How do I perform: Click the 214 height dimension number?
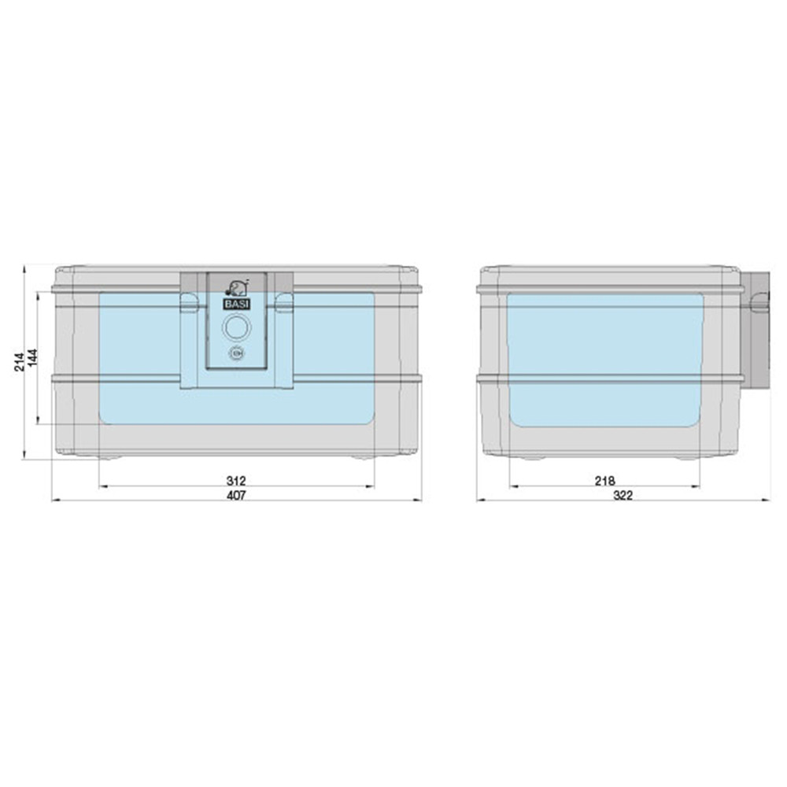(x=19, y=362)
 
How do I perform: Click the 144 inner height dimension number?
(x=32, y=358)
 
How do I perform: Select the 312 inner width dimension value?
(x=236, y=481)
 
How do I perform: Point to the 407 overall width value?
(x=236, y=495)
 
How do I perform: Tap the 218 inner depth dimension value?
(x=604, y=481)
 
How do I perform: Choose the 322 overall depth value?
(x=623, y=495)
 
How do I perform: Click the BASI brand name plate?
(x=237, y=304)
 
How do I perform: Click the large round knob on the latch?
(x=236, y=327)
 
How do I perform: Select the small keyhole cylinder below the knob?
(x=236, y=354)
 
